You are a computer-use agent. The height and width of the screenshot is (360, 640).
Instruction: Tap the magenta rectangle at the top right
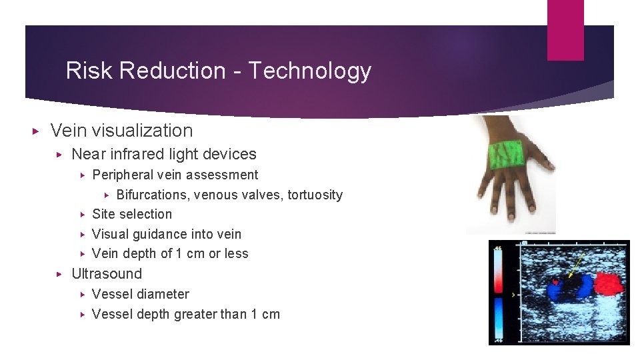click(x=565, y=29)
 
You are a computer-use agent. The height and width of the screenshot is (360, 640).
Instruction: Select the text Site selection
click(x=132, y=214)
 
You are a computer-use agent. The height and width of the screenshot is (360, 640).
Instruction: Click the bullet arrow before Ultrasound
click(x=59, y=274)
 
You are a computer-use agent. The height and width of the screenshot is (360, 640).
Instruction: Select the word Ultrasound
click(x=107, y=274)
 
